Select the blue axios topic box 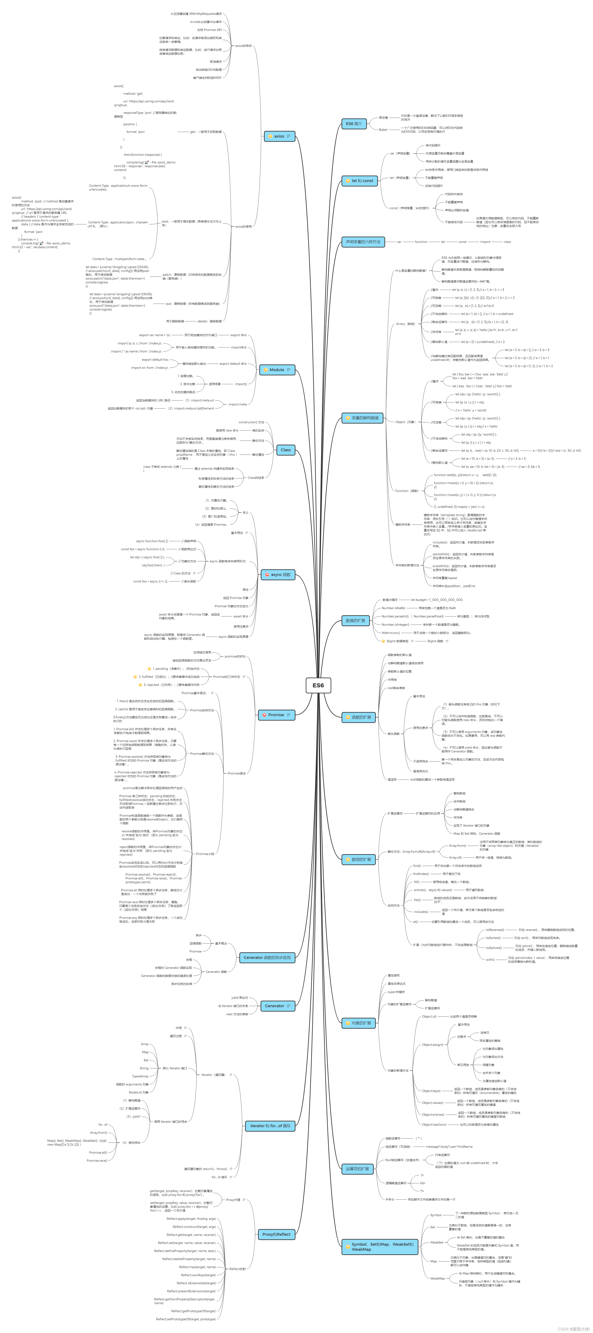point(279,136)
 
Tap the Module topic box point(277,369)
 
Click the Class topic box point(286,450)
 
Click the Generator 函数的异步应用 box point(267,957)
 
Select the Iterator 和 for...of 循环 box point(270,1125)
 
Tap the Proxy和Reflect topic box point(276,1234)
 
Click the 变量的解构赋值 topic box point(362,418)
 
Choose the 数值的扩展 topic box point(356,620)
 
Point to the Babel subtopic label point(383,129)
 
